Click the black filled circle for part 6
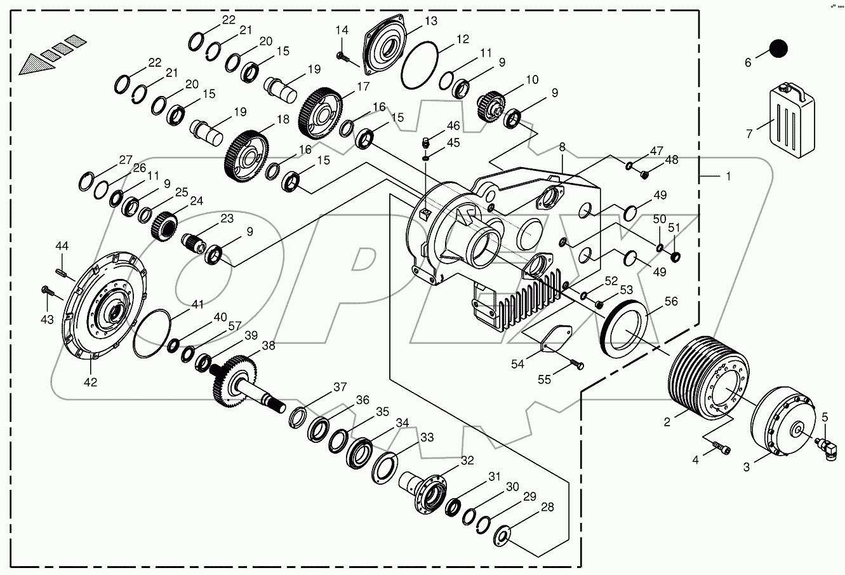pos(778,48)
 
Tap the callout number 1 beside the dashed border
pos(728,176)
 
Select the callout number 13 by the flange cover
pos(430,21)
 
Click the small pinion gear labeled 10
pos(491,105)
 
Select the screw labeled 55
pos(577,365)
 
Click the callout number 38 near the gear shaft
pos(269,346)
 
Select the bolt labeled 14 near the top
pos(343,57)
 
